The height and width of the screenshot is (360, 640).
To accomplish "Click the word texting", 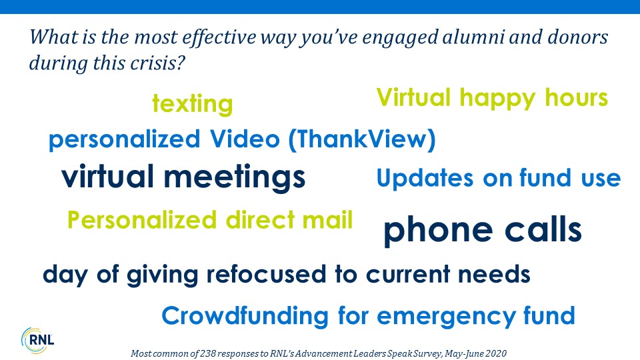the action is click(x=192, y=104).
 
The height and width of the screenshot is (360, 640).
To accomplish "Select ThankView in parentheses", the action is click(x=362, y=139).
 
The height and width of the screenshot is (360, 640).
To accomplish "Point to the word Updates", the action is click(x=425, y=179).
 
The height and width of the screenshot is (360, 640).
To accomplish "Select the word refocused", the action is click(x=266, y=274).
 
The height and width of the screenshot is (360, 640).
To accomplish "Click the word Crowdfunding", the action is click(x=245, y=316).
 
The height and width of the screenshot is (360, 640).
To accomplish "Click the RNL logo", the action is click(x=37, y=340).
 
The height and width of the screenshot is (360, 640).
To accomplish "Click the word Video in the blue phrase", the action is click(x=245, y=139).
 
